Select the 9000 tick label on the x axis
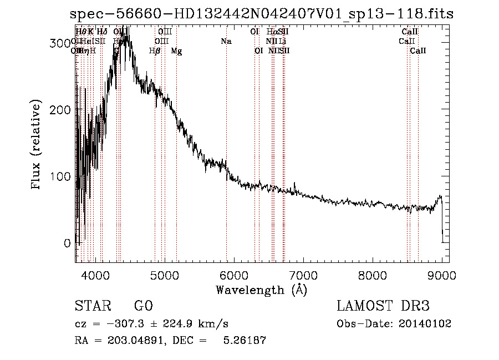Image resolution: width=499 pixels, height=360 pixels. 442,275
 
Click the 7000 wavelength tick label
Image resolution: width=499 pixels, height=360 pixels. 303,275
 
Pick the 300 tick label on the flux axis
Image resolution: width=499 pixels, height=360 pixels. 60,43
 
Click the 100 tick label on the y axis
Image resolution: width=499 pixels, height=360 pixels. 60,176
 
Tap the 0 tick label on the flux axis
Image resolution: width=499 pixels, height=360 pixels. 67,243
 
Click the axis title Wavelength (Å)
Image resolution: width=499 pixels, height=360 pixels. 261,290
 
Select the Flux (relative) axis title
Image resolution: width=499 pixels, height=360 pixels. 37,146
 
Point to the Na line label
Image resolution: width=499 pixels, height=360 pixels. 226,41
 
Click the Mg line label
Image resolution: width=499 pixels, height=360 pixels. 176,51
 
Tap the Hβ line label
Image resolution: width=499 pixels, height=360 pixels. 155,51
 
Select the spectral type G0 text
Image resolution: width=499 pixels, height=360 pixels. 143,306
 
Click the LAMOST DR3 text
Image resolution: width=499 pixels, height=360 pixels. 383,306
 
